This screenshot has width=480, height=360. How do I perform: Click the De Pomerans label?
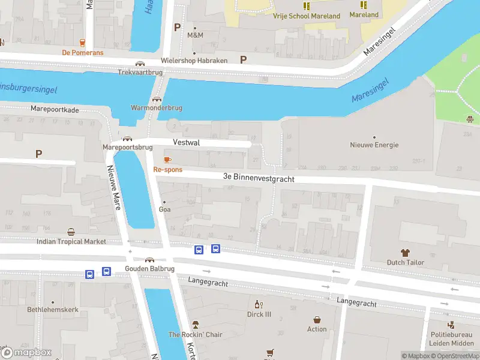click(83, 53)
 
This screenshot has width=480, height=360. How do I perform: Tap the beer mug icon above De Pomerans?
click(82, 42)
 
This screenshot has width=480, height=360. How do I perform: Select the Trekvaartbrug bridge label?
click(140, 72)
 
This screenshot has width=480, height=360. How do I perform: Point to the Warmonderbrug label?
click(156, 108)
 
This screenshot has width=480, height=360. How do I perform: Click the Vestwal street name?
click(186, 143)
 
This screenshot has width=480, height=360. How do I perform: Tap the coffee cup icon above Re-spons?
click(167, 160)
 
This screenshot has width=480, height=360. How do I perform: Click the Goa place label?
click(164, 209)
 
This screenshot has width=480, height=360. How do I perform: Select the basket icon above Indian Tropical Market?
click(71, 232)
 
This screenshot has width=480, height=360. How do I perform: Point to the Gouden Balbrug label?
click(149, 269)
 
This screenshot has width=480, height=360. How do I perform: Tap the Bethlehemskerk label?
click(53, 310)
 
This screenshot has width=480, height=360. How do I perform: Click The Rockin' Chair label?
click(195, 334)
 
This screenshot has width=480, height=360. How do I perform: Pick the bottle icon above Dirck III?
click(259, 304)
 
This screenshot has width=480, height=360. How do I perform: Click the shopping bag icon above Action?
click(317, 320)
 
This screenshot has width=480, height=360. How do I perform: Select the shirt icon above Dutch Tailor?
click(405, 253)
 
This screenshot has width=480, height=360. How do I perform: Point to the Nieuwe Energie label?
click(374, 145)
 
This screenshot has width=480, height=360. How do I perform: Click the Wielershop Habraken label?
click(194, 61)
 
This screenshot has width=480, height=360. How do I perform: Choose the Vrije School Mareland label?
click(306, 16)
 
